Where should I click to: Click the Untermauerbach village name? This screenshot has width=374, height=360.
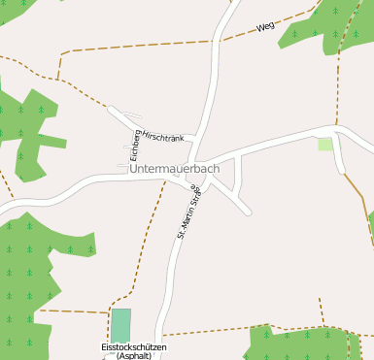[174, 169]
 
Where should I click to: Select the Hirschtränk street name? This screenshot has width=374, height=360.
[163, 138]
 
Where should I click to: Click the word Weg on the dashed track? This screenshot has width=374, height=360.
[265, 27]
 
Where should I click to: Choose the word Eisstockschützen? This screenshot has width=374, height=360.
[134, 346]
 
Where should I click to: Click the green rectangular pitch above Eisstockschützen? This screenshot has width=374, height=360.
[120, 324]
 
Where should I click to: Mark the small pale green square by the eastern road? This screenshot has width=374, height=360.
[324, 145]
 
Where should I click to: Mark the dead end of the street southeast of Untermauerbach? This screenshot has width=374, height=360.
[249, 212]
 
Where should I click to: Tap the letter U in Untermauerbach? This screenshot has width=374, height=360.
[133, 169]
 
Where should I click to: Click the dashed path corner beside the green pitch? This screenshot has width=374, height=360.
[107, 312]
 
